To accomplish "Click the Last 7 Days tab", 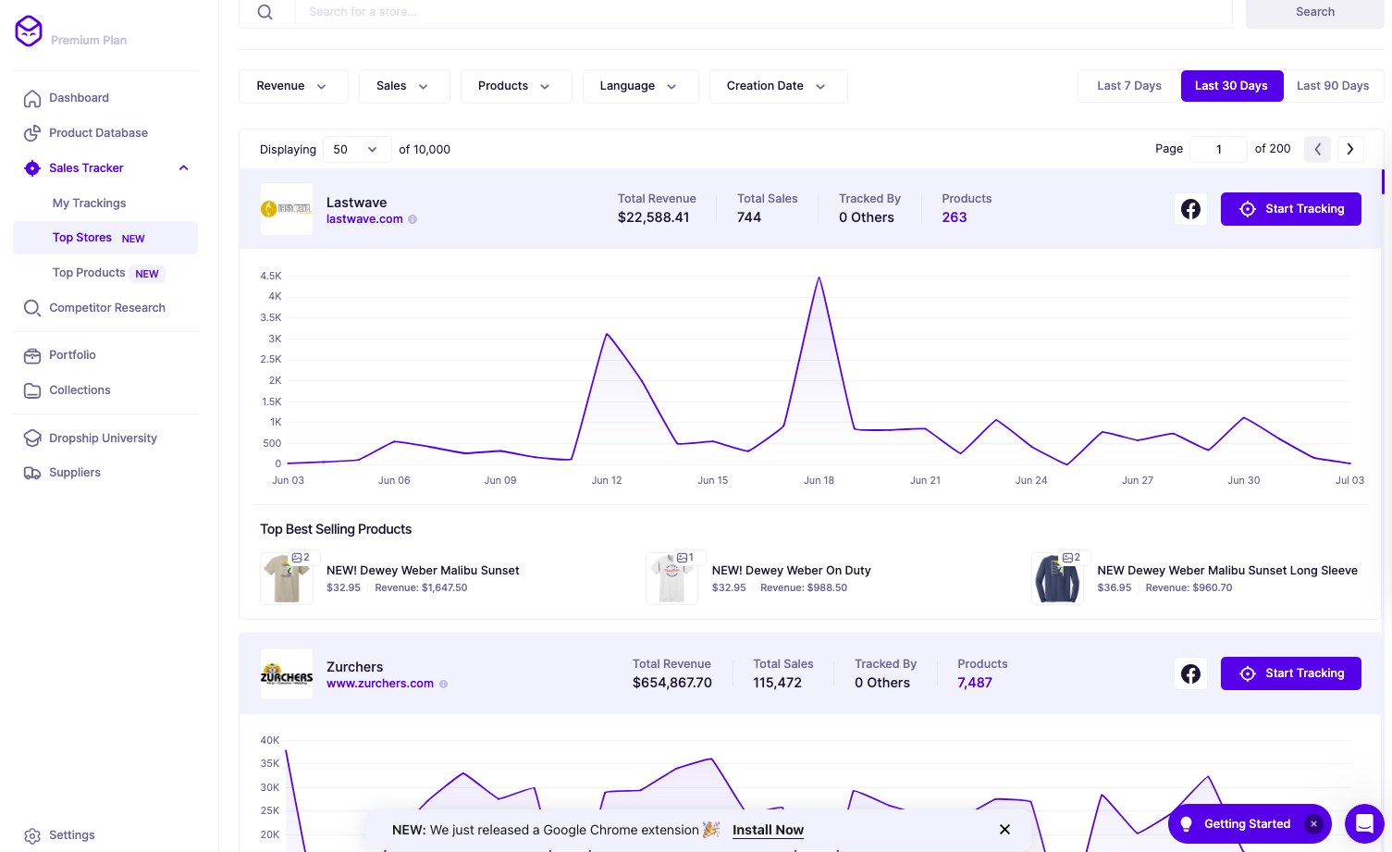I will point(1128,86).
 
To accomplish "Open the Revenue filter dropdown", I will point(292,86).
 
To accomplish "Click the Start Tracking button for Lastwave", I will point(1290,209).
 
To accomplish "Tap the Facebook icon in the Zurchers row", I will point(1190,673).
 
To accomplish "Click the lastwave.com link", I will point(364,219).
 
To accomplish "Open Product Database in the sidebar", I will point(98,133).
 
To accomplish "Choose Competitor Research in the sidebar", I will point(106,308).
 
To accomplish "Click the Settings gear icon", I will point(32,835).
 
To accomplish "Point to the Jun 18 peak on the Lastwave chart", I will point(819,278).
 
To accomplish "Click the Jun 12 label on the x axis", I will point(607,480).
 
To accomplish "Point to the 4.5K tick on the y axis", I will point(271,276).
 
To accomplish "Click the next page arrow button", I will point(1350,149).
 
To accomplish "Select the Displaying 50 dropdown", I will point(355,149).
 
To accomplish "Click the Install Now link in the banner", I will point(768,830).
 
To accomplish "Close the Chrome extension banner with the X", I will point(1004,830).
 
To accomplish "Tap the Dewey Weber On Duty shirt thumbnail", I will point(671,578).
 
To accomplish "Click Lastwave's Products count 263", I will point(955,217).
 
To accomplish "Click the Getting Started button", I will point(1246,824).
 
